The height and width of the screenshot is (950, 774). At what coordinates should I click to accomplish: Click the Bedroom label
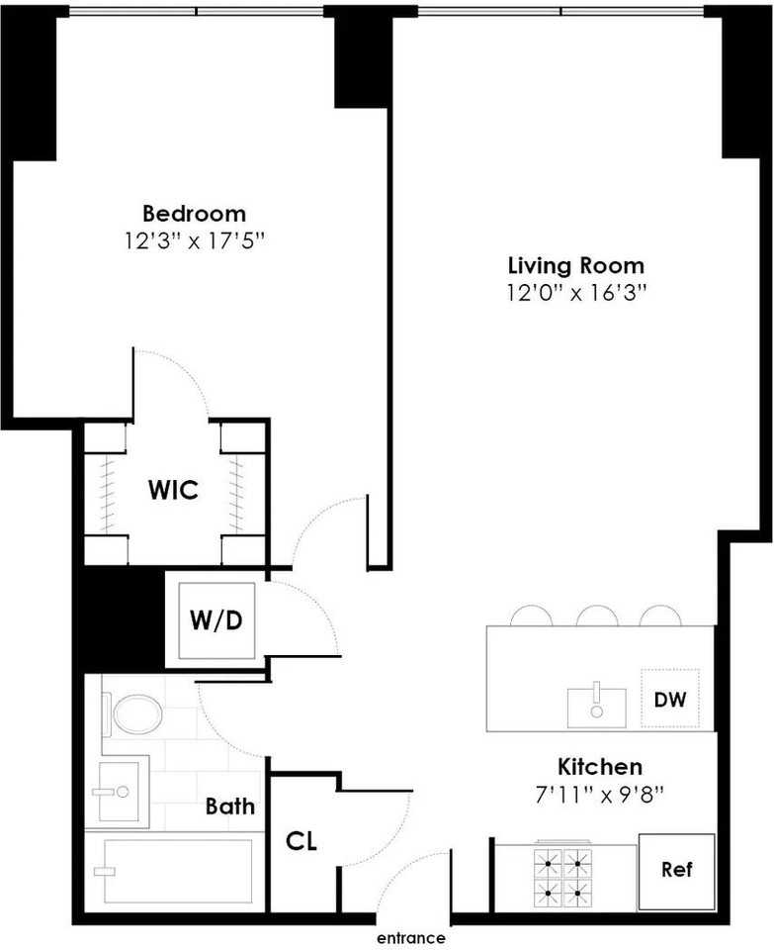[x=195, y=214]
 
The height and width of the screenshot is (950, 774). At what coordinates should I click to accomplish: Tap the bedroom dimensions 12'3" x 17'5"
[x=196, y=241]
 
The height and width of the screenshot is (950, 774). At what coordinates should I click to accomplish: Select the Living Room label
[x=576, y=266]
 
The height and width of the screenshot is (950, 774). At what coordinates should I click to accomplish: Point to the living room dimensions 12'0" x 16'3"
[x=577, y=294]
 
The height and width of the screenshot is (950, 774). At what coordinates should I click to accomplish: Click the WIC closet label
[x=173, y=490]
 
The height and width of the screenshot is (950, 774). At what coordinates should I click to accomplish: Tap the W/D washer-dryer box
[x=216, y=620]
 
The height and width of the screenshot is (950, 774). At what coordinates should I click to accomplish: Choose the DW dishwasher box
[x=670, y=699]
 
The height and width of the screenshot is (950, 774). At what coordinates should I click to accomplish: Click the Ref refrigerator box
[x=676, y=871]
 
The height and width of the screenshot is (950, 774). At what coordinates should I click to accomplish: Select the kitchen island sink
[x=597, y=707]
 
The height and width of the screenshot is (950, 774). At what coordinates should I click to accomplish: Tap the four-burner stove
[x=562, y=877]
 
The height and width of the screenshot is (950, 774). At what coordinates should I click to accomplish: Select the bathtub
[x=173, y=871]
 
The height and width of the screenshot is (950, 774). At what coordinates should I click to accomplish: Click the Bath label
[x=230, y=807]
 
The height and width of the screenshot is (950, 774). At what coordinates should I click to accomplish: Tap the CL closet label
[x=301, y=841]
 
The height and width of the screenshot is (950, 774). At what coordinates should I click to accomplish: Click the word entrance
[x=411, y=938]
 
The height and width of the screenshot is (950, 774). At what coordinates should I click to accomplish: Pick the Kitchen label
[x=600, y=767]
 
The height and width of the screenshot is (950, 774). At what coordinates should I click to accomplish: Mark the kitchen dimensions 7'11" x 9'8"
[x=600, y=795]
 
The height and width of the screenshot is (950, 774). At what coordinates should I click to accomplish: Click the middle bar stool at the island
[x=597, y=616]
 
